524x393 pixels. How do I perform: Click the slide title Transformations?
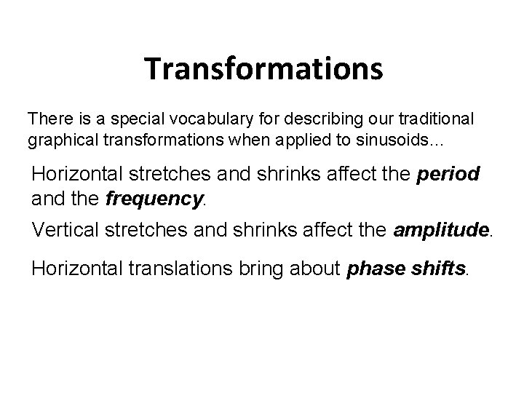pos(263,69)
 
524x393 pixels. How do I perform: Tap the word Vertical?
pos(63,231)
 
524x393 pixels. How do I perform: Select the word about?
pos(315,269)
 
